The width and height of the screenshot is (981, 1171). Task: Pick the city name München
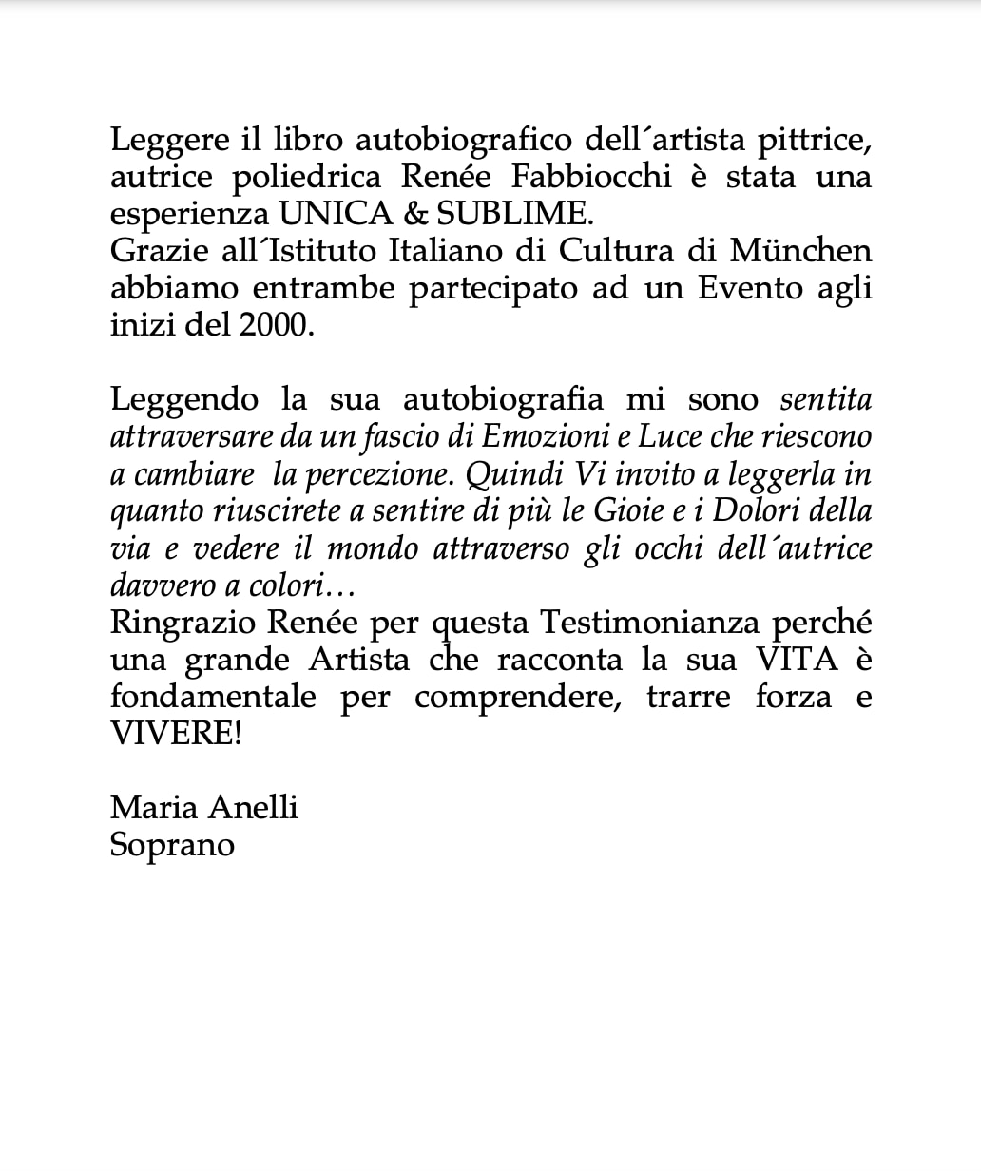click(x=800, y=251)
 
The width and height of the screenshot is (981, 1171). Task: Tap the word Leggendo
click(x=183, y=399)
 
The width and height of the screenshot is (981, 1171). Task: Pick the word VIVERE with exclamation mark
click(x=176, y=734)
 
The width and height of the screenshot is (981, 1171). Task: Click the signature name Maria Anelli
click(x=204, y=807)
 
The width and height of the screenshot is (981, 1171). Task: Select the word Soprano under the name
click(x=172, y=844)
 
